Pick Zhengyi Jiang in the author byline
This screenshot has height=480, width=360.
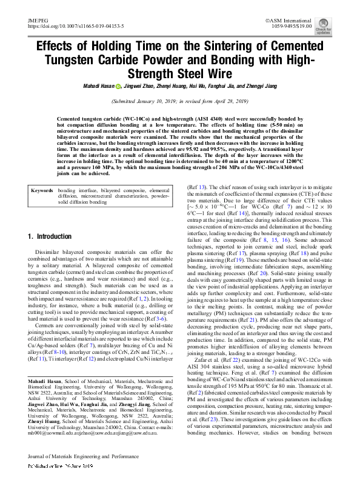[x=259, y=86]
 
